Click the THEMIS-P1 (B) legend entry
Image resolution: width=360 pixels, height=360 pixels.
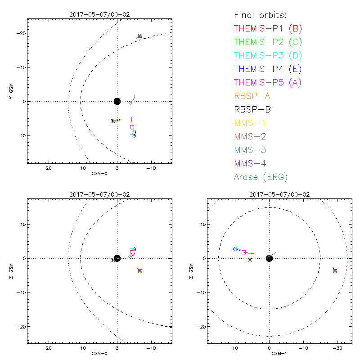tap(268, 28)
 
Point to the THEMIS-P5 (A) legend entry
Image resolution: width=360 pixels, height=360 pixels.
tap(268, 82)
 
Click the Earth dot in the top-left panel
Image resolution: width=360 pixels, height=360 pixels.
tap(117, 101)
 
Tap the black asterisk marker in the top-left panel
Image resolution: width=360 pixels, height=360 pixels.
tap(112, 121)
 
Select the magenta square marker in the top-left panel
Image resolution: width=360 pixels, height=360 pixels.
tap(132, 127)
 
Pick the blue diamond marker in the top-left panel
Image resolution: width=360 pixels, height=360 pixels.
tap(134, 136)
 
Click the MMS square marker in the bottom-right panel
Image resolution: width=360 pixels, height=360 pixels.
tap(335, 271)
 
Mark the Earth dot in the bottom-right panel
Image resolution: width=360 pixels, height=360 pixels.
tap(269, 258)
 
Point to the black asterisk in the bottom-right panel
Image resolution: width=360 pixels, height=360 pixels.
tap(250, 259)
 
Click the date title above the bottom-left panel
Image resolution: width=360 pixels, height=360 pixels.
tap(99, 194)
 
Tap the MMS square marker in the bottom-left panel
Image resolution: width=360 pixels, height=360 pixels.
tap(140, 271)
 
